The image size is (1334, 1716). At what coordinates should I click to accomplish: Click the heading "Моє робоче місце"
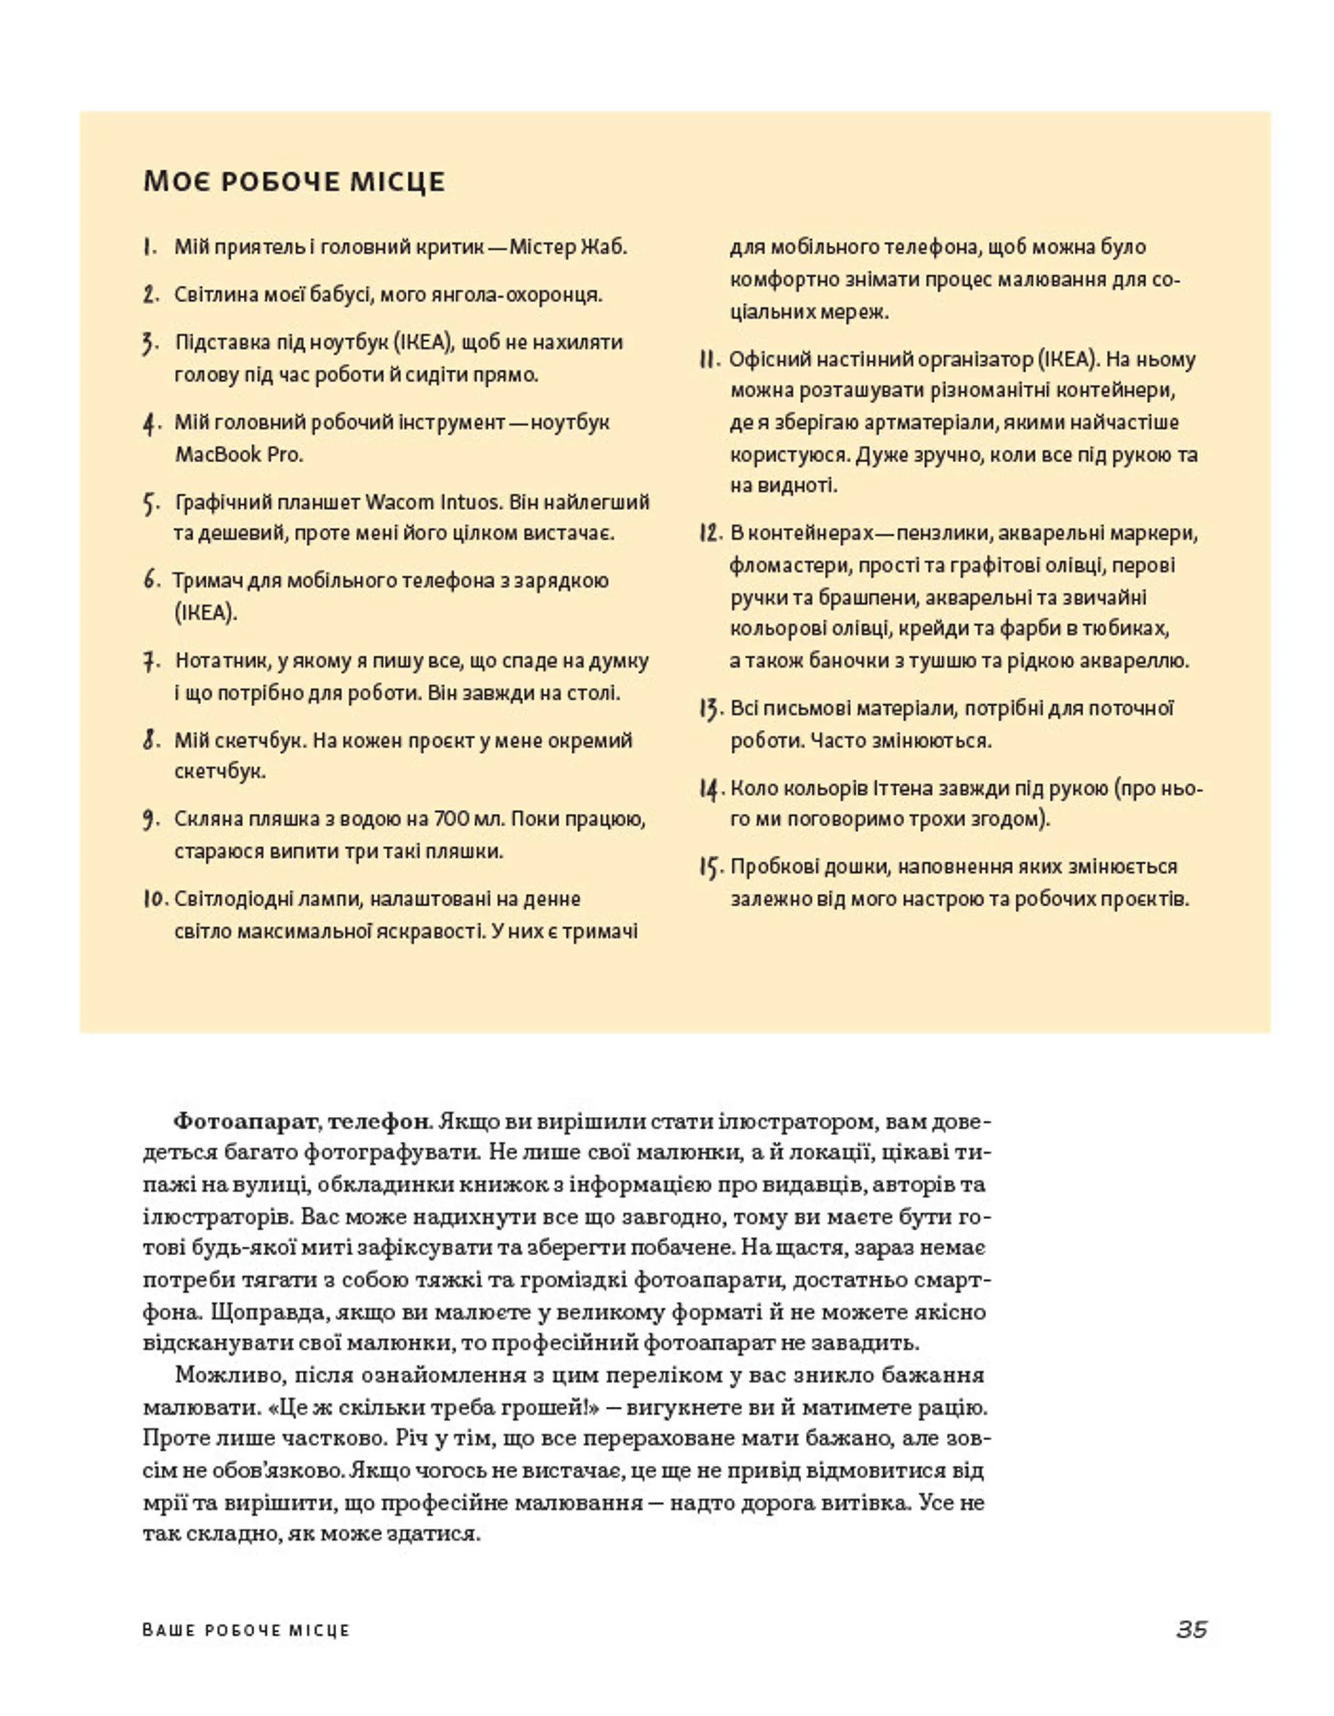click(294, 181)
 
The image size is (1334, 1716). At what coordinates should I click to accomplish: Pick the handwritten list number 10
click(155, 899)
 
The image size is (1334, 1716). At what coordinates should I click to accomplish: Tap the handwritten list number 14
click(709, 788)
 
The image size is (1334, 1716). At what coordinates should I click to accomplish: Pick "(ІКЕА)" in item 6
click(206, 612)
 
